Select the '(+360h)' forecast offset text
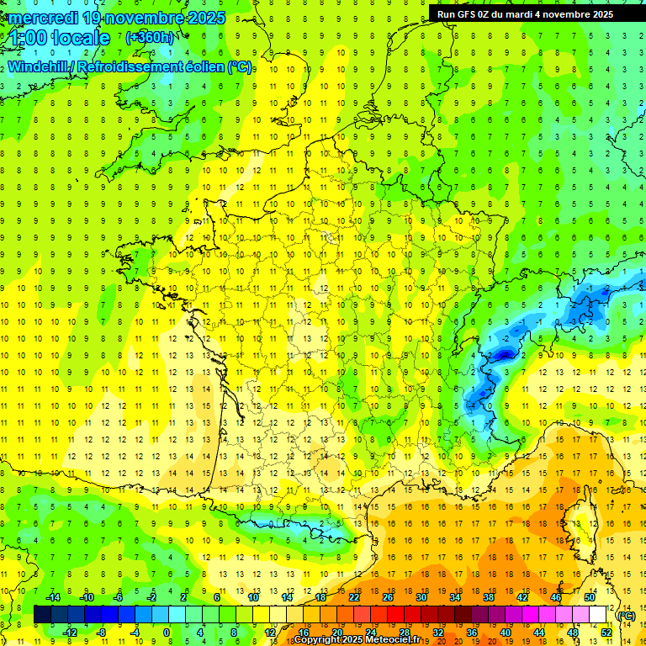(149, 38)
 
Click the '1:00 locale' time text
(61, 38)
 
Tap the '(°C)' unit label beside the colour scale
(626, 616)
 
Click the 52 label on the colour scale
(606, 633)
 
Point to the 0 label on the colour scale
(167, 633)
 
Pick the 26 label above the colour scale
(388, 597)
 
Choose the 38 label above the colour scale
(489, 597)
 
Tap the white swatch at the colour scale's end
(597, 615)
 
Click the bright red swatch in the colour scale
(396, 615)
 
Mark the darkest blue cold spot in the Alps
(503, 355)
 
